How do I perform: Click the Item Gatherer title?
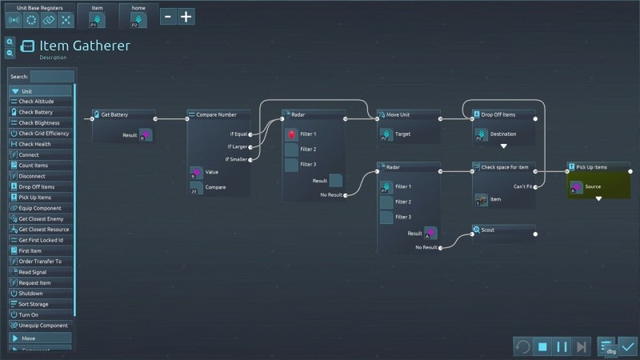[x=85, y=46]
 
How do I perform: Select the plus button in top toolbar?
[x=186, y=16]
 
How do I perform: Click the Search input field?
[x=52, y=76]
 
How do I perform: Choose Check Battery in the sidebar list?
[x=36, y=112]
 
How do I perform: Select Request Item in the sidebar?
[x=35, y=282]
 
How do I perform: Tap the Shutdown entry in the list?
[x=31, y=293]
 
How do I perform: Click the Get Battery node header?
[x=114, y=114]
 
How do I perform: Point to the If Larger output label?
[x=238, y=146]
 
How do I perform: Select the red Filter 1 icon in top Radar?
[x=291, y=134]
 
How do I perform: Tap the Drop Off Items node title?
[x=498, y=114]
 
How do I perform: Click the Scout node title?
[x=488, y=230]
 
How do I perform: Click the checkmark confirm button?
[x=628, y=346]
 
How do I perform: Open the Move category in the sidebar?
[x=28, y=338]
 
